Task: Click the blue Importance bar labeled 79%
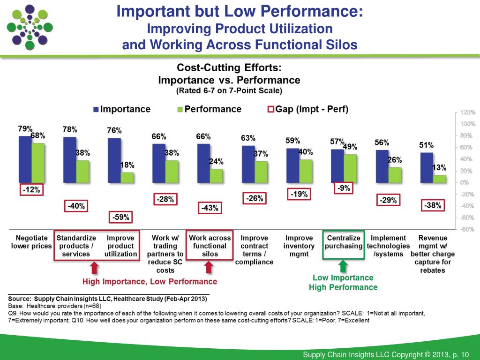[x=25, y=159]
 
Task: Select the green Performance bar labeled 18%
[x=127, y=177]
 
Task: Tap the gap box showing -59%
[x=120, y=217]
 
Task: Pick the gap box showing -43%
[x=209, y=208]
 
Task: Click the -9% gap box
[x=343, y=188]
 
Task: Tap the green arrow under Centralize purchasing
[x=343, y=266]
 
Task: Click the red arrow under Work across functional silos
[x=209, y=267]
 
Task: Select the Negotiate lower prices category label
[x=31, y=246]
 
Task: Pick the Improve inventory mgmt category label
[x=299, y=246]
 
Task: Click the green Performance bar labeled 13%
[x=439, y=179]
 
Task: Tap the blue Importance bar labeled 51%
[x=427, y=167]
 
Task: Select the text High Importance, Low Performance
[x=150, y=282]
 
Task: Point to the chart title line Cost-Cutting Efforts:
[x=229, y=67]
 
